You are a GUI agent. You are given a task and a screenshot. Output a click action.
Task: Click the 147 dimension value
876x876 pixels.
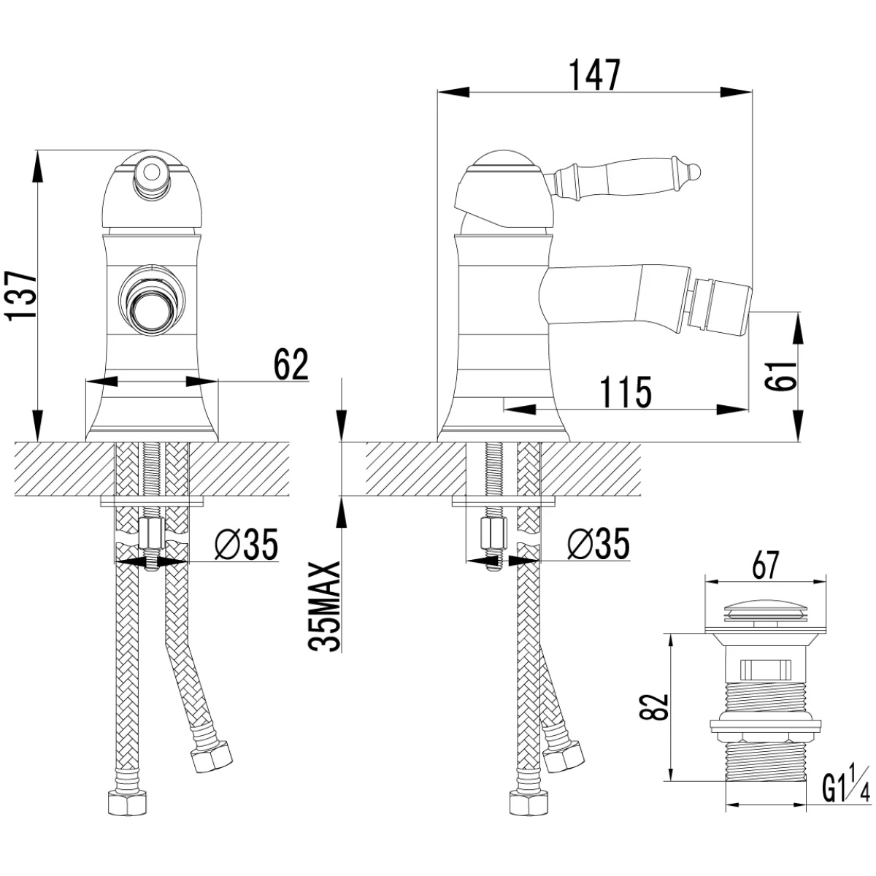[x=594, y=75]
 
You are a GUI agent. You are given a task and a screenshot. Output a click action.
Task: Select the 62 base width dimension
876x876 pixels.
[x=291, y=364]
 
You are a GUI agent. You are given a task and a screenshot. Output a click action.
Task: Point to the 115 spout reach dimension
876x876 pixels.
[x=626, y=392]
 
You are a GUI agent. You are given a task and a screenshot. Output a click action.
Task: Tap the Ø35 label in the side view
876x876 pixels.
[x=599, y=544]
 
